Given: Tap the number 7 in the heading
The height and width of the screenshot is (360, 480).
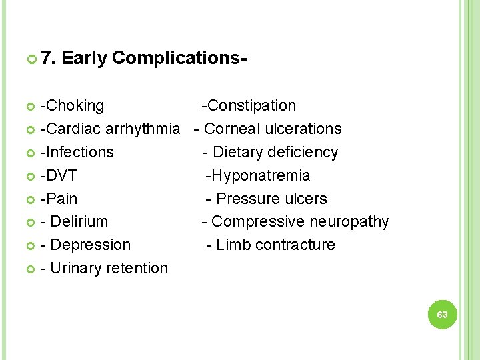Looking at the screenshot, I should point(46,59).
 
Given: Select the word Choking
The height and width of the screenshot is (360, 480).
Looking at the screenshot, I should point(74,105).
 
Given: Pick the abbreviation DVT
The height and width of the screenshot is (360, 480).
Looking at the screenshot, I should point(61,175).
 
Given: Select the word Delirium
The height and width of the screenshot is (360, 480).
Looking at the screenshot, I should point(79,221).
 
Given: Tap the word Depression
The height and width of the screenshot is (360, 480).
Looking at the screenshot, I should point(91,245).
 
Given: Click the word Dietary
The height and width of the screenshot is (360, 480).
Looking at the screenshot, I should point(237,152).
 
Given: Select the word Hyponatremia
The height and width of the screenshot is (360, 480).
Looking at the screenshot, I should point(260,175).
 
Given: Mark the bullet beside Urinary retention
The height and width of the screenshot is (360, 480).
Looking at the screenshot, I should point(31,269).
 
